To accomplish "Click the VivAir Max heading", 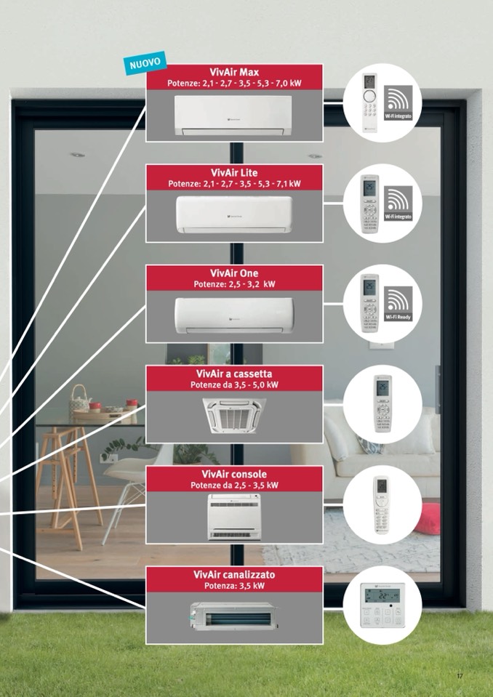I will click(x=234, y=72).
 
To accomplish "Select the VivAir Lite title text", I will click(x=234, y=172).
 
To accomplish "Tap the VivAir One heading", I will click(x=234, y=273).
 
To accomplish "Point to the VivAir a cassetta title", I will click(x=234, y=374).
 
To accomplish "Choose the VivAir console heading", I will click(x=234, y=475).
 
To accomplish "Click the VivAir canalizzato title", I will click(x=234, y=575).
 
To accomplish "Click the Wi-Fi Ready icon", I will click(x=398, y=304).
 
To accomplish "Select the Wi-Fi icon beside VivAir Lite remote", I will click(x=398, y=203).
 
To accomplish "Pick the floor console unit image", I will click(x=234, y=516).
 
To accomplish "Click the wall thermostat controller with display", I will click(x=382, y=605).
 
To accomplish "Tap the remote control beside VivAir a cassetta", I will click(x=382, y=404).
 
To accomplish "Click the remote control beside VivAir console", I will click(x=381, y=505).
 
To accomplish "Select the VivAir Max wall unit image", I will click(x=233, y=115).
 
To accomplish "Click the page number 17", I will click(x=460, y=677).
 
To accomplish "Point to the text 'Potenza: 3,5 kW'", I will click(x=234, y=586).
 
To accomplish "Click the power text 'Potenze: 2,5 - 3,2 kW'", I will click(x=234, y=284).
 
